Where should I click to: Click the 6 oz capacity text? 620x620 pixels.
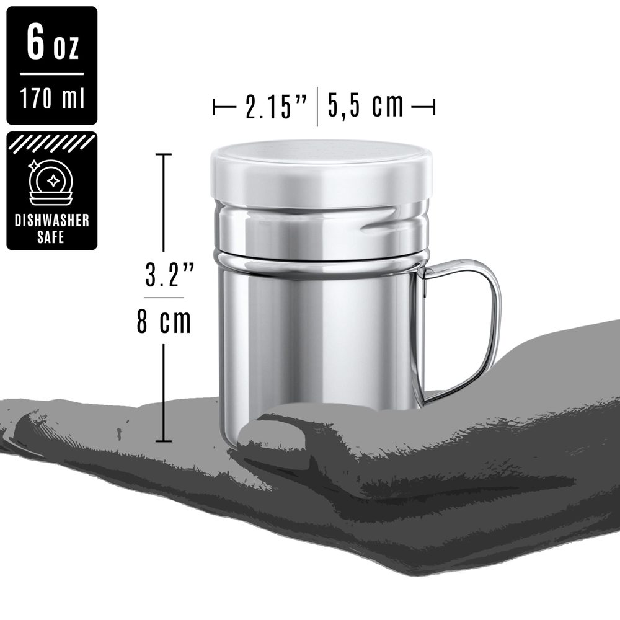coord(53,42)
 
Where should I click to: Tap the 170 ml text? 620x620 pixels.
coord(52,98)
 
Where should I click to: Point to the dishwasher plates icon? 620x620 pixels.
coord(51,182)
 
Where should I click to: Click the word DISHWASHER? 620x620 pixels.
coord(52,220)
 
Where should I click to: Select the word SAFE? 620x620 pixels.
coord(51,237)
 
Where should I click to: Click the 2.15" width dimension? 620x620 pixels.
coord(276,107)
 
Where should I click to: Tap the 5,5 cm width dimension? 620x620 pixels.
coord(366,105)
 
